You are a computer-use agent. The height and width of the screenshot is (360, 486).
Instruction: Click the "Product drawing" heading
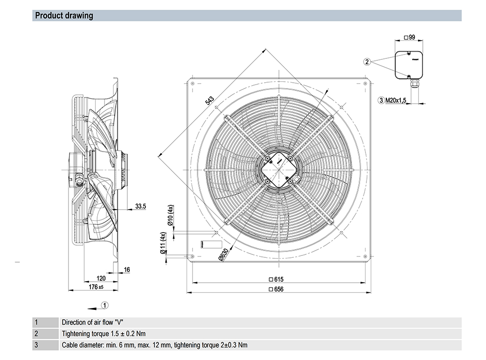click(64, 16)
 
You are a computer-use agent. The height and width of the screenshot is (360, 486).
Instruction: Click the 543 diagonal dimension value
click(210, 101)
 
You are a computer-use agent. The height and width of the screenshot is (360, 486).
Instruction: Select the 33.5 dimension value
click(140, 206)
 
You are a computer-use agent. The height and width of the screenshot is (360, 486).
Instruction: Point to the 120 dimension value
click(101, 279)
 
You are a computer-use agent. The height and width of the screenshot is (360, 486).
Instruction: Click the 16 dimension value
click(127, 270)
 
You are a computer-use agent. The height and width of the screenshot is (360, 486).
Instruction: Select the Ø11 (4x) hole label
click(163, 243)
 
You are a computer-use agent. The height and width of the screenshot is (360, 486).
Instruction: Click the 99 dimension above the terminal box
click(409, 37)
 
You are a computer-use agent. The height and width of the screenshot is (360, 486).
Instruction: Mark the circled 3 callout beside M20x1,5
click(381, 101)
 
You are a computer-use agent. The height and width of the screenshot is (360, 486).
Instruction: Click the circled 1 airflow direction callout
click(105, 306)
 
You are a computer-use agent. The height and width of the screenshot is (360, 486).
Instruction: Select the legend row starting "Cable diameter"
click(155, 345)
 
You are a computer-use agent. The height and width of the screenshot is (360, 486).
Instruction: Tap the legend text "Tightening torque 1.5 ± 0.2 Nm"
click(104, 334)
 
